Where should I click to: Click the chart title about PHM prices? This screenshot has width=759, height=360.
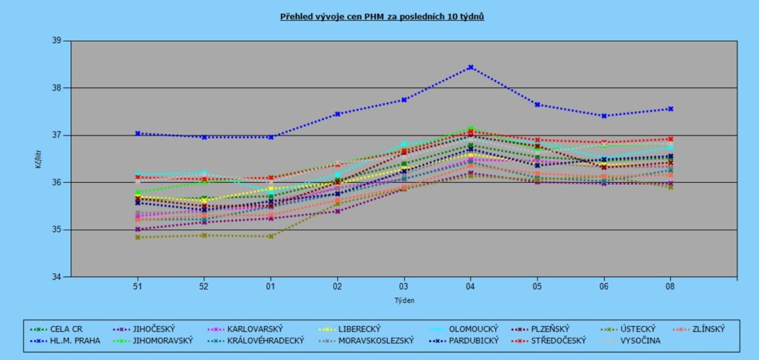382,16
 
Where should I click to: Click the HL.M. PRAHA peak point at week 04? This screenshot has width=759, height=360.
470,67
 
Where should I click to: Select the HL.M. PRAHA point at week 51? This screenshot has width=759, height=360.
137,133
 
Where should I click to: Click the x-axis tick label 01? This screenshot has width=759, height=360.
271,285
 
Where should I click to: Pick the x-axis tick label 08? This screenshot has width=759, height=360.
670,285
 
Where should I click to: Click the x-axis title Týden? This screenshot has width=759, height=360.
404,300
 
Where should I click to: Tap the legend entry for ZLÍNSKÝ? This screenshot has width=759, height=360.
702,329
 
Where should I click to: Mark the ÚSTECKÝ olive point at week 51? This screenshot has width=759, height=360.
137,237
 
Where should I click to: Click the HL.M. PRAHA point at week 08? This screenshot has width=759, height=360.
670,109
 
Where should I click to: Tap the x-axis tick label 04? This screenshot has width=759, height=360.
470,285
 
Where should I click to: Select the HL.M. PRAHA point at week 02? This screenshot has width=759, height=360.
337,114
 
